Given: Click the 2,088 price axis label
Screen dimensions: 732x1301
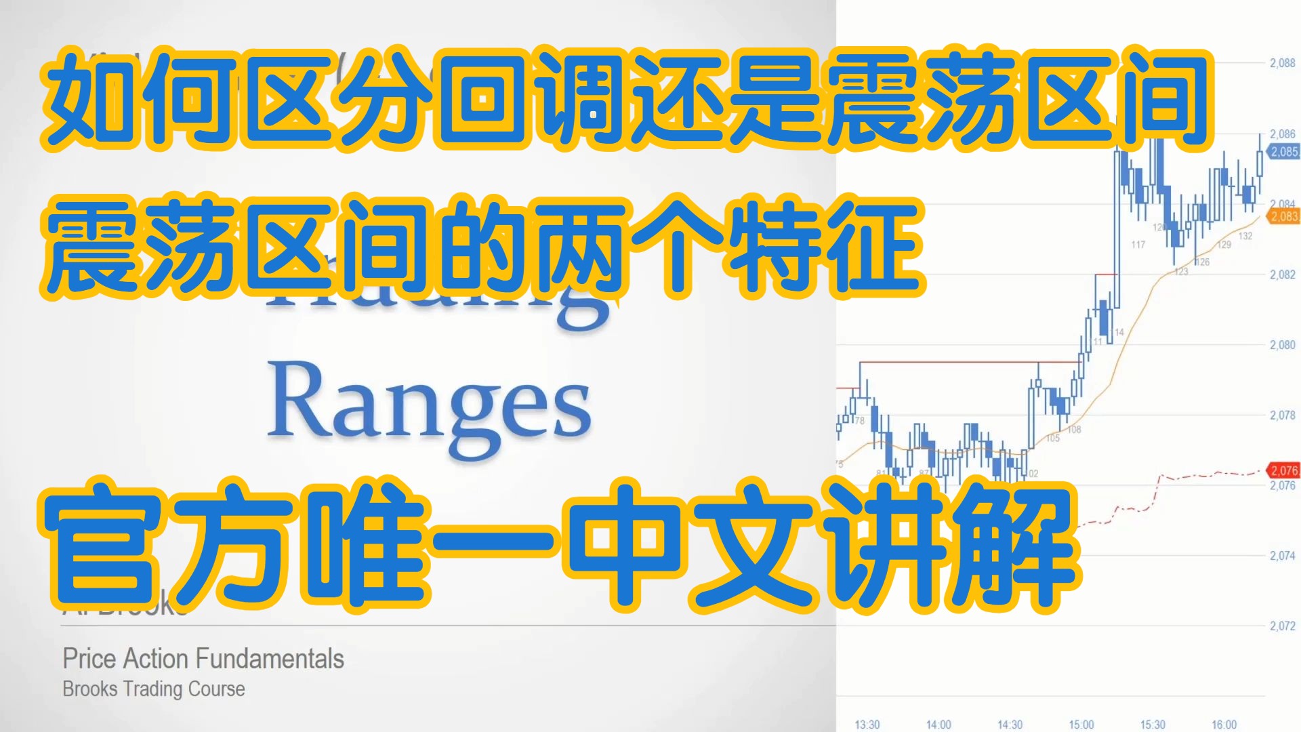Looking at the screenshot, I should [x=1282, y=63].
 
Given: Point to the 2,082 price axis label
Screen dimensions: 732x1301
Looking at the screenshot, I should [x=1282, y=274].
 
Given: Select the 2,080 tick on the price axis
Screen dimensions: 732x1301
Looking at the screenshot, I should [x=1282, y=345].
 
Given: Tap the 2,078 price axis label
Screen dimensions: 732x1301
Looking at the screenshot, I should [x=1282, y=415].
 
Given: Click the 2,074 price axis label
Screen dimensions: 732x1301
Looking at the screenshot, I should [x=1282, y=556].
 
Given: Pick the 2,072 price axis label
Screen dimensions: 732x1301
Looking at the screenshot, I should [x=1282, y=626].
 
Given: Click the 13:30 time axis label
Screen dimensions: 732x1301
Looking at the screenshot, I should [x=867, y=725].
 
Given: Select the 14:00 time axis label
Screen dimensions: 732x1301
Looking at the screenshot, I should [x=938, y=725].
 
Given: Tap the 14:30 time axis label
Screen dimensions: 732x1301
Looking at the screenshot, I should [x=1010, y=725].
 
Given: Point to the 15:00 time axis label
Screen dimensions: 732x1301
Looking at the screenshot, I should [x=1081, y=725].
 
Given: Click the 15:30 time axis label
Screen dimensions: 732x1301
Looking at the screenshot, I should [x=1153, y=725].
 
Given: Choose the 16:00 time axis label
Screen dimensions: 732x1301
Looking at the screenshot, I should [x=1224, y=725].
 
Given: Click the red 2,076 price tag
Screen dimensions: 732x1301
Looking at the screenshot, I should [x=1284, y=470].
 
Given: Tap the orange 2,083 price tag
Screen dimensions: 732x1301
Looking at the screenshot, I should [x=1284, y=217].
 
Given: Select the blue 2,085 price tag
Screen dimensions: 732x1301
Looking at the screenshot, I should [x=1284, y=152].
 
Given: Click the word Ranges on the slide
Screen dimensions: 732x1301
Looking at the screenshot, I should [x=430, y=407].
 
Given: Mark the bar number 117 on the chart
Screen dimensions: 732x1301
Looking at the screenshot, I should [x=1138, y=245].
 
